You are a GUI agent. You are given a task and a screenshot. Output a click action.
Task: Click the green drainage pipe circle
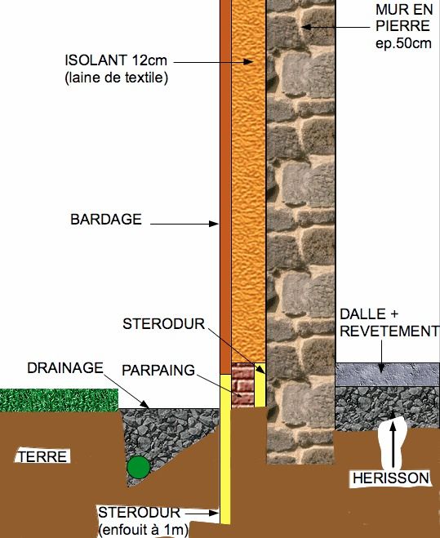138,467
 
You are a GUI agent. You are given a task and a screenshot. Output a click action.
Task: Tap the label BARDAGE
106,220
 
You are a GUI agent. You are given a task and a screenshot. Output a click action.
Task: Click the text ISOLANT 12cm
116,60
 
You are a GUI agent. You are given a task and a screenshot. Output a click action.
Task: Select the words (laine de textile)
117,78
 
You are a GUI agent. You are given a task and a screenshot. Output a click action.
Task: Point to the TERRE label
42,457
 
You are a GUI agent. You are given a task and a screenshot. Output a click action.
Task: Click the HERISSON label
391,478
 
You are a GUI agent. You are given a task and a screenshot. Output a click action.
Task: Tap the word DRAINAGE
65,368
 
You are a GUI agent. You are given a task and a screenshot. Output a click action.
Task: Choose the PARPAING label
158,370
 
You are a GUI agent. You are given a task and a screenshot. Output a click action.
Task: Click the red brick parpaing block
243,385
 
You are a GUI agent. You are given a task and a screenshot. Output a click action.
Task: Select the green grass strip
59,400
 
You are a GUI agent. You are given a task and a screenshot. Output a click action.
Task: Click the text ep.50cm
403,43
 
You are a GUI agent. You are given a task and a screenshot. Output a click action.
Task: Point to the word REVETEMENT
389,331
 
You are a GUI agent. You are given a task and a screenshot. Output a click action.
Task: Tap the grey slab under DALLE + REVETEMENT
388,375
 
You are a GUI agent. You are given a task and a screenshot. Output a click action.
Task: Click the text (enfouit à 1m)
144,530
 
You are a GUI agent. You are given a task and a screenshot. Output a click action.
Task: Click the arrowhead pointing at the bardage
214,224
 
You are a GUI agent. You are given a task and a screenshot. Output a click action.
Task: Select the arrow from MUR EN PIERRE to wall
335,27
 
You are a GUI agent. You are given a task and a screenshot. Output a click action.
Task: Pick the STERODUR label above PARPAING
163,324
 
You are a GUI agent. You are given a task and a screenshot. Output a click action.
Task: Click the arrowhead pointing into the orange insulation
248,62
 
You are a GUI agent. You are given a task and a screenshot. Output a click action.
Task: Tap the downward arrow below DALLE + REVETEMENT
382,356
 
